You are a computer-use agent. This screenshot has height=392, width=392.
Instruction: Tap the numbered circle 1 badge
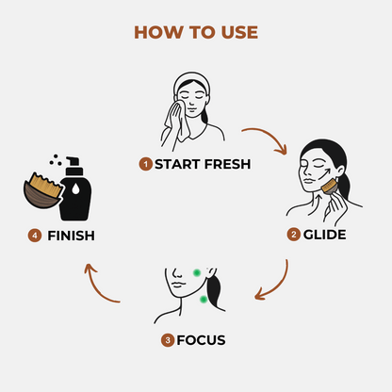[x=145, y=164]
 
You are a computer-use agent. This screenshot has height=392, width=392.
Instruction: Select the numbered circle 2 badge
[x=294, y=235]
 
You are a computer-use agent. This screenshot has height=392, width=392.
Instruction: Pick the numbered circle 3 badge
[x=168, y=340]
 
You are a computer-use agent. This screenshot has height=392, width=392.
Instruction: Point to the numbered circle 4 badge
[x=35, y=236]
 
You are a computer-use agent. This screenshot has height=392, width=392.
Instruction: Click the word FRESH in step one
[x=227, y=164]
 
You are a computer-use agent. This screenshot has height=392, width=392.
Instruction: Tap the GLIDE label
[x=324, y=235]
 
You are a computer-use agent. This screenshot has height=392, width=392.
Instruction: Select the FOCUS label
[x=201, y=340]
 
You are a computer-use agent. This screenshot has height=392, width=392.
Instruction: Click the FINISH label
[x=71, y=236]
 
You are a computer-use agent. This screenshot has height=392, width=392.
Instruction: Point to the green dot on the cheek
[x=197, y=273]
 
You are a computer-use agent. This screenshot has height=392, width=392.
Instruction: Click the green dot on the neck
[x=204, y=300]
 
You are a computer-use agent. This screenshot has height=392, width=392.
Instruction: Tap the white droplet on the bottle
[x=75, y=188]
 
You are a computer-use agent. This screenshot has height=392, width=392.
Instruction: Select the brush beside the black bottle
[x=43, y=190]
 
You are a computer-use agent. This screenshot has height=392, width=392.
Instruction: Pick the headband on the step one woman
[x=191, y=80]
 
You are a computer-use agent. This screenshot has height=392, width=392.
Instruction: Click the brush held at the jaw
[x=329, y=187]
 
